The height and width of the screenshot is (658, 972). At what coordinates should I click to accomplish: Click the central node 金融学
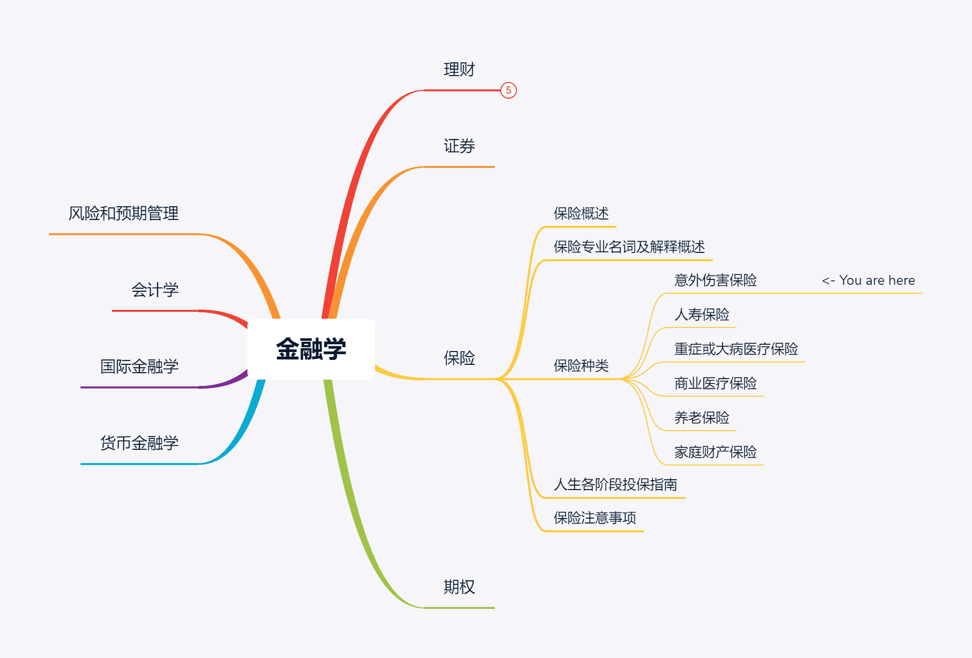[x=311, y=349]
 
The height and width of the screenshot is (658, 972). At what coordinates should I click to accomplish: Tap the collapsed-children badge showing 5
[x=509, y=90]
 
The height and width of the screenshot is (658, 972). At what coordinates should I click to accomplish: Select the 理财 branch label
[x=459, y=70]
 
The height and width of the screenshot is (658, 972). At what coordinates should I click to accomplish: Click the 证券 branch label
[x=459, y=146]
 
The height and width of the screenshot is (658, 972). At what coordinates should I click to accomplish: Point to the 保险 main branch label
[x=459, y=358]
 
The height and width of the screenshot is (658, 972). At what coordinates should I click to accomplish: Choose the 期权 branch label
[x=459, y=587]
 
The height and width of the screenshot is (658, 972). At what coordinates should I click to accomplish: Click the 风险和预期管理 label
[x=123, y=214]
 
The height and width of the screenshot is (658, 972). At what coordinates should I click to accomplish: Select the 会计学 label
[x=155, y=290]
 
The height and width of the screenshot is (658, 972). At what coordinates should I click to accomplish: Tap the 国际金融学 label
[x=139, y=367]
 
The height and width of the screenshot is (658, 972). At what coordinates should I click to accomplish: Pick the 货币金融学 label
[x=139, y=443]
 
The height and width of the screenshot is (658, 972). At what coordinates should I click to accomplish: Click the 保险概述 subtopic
[x=581, y=214]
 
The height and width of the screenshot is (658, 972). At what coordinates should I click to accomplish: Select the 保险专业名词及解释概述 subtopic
[x=629, y=247]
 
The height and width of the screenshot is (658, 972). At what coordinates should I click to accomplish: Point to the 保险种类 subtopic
[x=581, y=366]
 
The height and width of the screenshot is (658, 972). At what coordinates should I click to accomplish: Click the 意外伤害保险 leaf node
[x=715, y=280]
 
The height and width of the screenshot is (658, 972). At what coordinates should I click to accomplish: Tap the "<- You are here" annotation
[x=868, y=280]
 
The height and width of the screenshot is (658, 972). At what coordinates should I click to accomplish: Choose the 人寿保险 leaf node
[x=702, y=315]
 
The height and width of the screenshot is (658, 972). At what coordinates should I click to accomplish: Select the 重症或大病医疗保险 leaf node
[x=736, y=349]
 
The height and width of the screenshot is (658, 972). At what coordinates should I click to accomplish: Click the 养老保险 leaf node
[x=702, y=418]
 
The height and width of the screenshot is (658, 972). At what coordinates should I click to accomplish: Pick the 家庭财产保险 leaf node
[x=715, y=452]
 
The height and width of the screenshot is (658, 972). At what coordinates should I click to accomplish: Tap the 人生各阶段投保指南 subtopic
[x=615, y=485]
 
